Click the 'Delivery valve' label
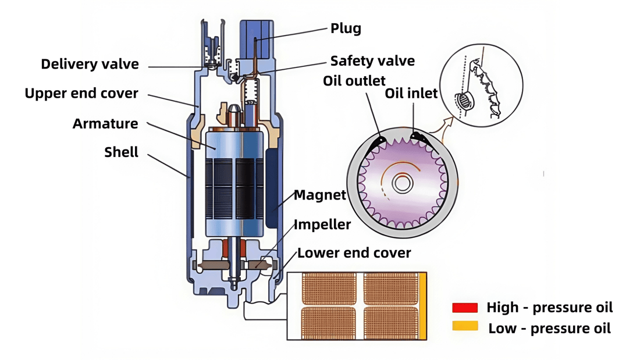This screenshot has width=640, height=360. [x=90, y=64]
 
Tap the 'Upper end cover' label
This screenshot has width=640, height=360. [x=81, y=94]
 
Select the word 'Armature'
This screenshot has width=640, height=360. [x=105, y=124]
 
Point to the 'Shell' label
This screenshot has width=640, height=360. [x=121, y=152]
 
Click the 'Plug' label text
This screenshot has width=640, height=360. [x=346, y=28]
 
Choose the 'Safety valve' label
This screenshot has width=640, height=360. [x=372, y=61]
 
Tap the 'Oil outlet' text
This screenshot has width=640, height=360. [x=354, y=81]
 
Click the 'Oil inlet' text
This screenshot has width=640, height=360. [x=411, y=94]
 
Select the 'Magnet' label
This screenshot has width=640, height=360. [x=319, y=195]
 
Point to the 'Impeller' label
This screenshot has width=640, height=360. [x=322, y=224]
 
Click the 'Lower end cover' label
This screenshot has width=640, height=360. [x=354, y=253]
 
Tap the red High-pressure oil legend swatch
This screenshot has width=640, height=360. [x=465, y=308]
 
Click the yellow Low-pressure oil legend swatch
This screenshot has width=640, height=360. [x=465, y=326]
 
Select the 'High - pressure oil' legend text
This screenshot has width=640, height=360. [x=549, y=308]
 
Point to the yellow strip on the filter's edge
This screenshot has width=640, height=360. [x=423, y=306]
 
